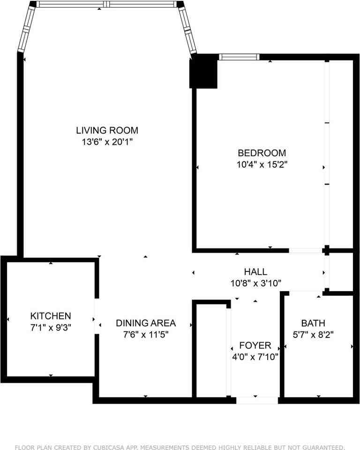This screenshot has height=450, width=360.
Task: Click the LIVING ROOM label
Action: (107, 130)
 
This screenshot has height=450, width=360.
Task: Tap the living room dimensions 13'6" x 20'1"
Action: (107, 142)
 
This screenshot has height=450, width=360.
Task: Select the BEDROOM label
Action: (262, 153)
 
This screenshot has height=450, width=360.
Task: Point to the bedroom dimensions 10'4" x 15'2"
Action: (262, 165)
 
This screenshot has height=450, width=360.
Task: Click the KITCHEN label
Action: (51, 316)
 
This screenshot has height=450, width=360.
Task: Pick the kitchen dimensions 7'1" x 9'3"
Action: (51, 327)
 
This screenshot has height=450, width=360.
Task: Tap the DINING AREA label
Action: (146, 323)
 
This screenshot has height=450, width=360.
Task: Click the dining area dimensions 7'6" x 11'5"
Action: (146, 335)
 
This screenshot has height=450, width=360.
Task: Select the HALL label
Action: (255, 272)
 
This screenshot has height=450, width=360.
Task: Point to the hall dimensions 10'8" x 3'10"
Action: (255, 283)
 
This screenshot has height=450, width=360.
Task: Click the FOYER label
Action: (255, 345)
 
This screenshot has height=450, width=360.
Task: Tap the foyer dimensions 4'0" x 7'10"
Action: (255, 357)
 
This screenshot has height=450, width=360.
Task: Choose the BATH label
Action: (313, 323)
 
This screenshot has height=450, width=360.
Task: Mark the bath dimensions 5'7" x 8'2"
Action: (313, 335)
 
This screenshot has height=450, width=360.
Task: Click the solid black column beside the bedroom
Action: (203, 71)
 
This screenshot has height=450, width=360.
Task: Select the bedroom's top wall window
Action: (240, 57)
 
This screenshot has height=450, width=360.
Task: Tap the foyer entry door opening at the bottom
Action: (257, 400)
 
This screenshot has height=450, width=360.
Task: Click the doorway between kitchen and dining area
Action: (96, 316)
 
